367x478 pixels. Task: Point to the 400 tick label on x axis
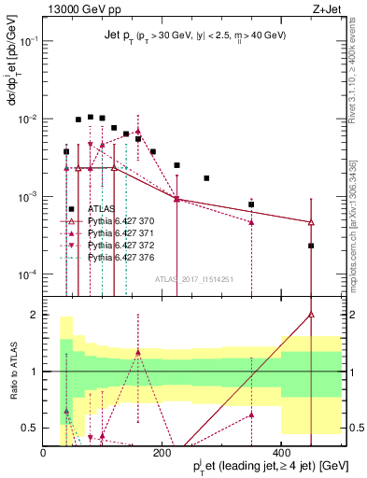tap(282, 453)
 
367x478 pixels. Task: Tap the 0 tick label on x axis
tap(44, 453)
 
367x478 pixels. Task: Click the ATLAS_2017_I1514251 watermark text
tap(193, 279)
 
